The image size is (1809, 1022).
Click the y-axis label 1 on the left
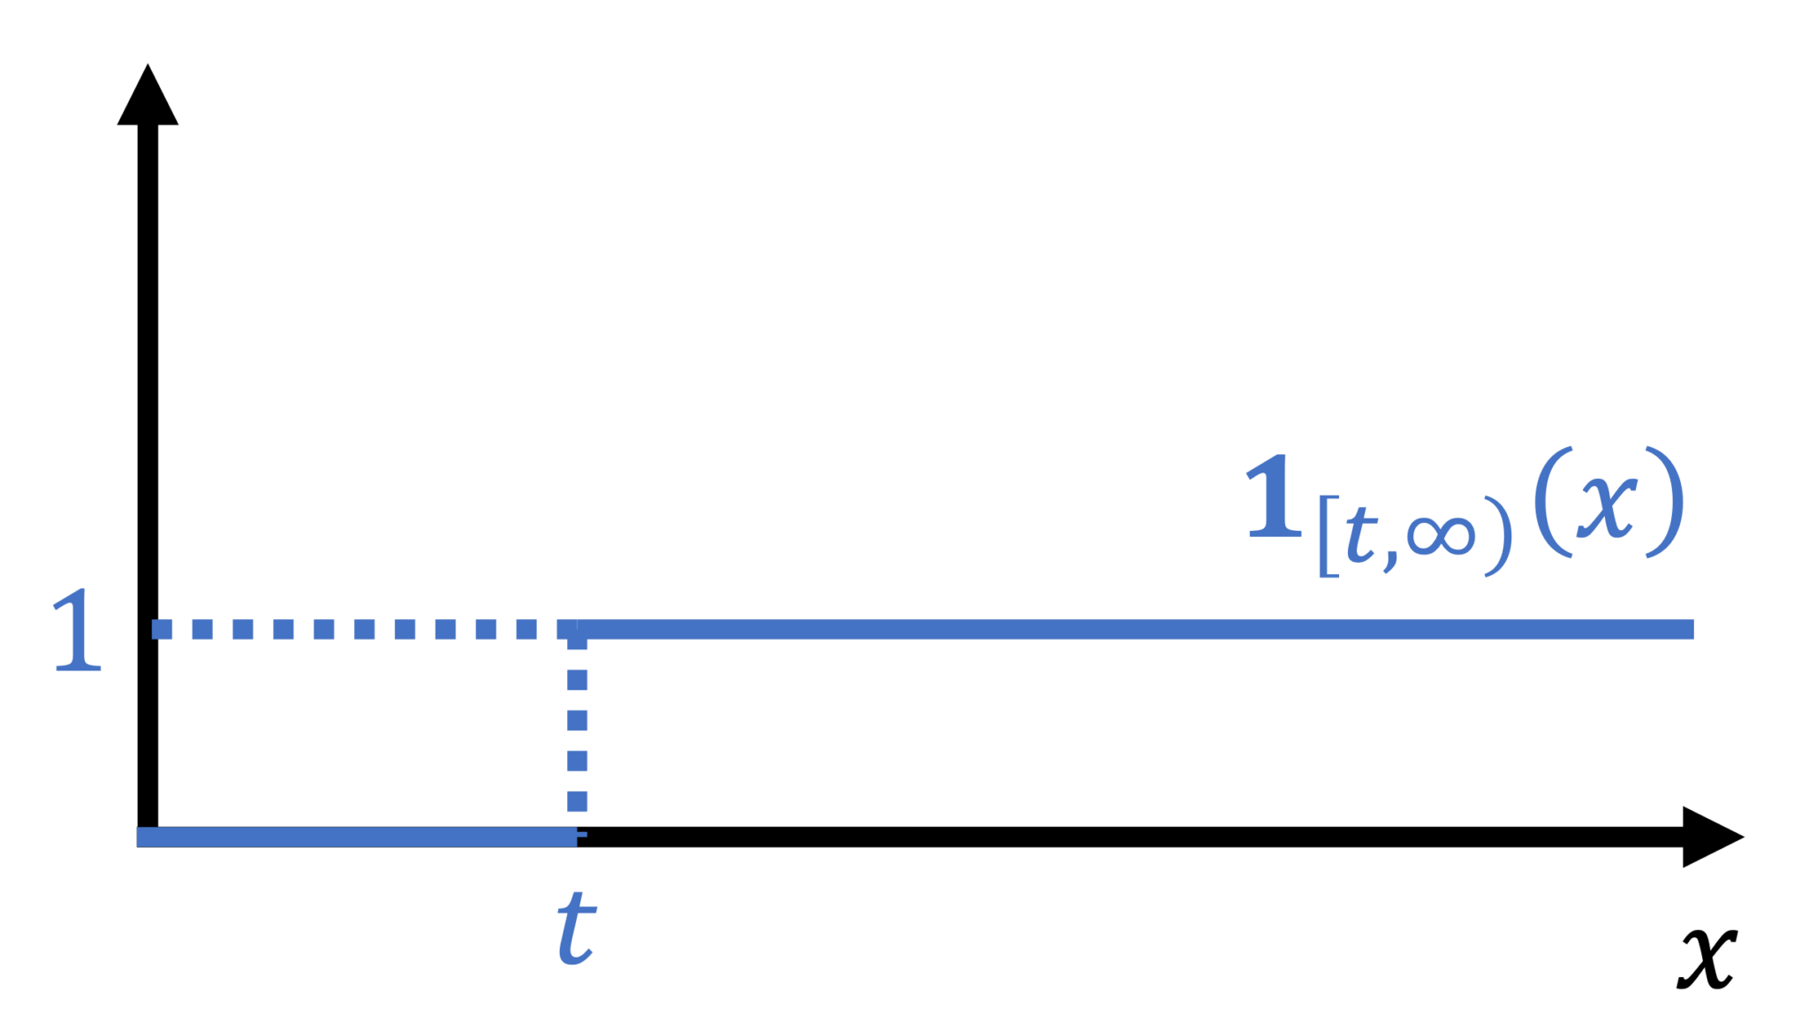tap(77, 631)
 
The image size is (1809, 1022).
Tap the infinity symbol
tap(1441, 535)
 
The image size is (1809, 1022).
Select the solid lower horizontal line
tap(353, 837)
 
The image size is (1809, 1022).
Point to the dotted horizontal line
tap(353, 629)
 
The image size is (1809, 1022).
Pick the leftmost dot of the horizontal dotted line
tap(162, 629)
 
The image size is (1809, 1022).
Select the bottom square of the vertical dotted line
tap(578, 801)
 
